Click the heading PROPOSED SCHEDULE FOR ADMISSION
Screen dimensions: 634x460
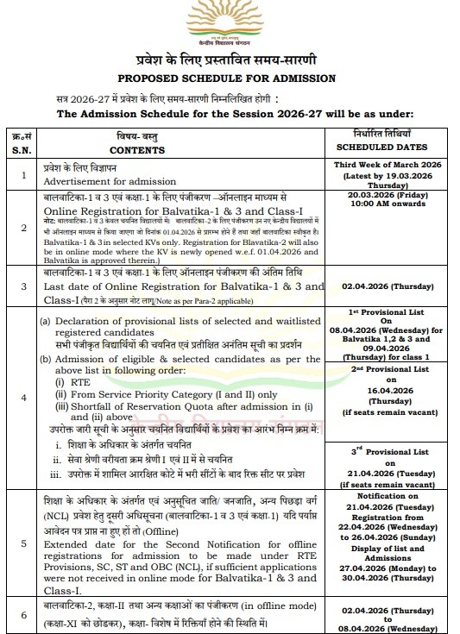(229, 79)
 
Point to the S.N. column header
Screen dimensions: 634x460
(21, 148)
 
